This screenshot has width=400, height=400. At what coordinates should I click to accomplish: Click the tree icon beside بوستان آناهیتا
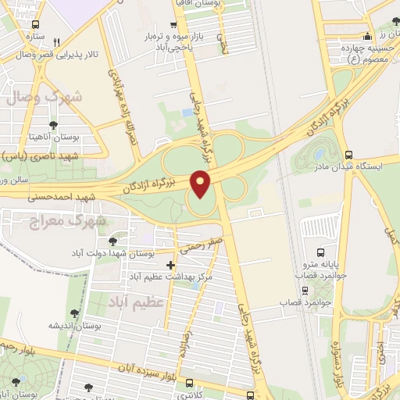coord(53,124)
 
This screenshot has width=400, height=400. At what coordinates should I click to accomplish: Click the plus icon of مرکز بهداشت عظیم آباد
coord(171,266)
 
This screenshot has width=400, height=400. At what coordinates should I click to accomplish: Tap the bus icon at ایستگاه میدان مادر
coord(348,155)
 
